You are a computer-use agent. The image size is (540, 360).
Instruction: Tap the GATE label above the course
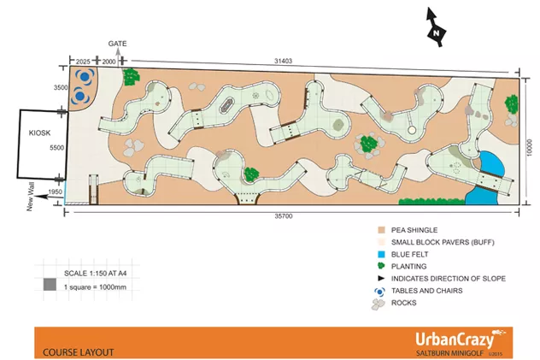pyautogui.click(x=117, y=43)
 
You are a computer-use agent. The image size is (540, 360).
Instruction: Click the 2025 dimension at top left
pyautogui.click(x=84, y=62)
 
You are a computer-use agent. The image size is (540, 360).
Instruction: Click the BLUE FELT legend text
pyautogui.click(x=412, y=254)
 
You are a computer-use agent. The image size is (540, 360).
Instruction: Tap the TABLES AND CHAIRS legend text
pyautogui.click(x=428, y=290)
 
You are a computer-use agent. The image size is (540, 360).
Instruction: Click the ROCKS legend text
pyautogui.click(x=403, y=302)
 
